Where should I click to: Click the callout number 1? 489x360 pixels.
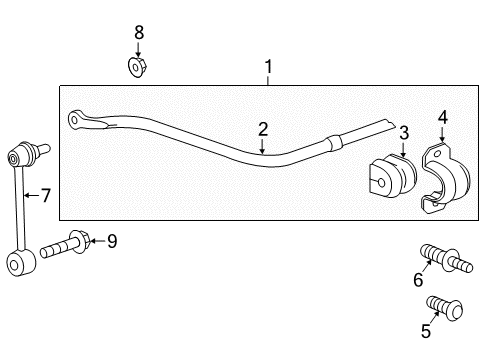coord(268,68)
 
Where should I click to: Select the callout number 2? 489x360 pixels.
coord(263,128)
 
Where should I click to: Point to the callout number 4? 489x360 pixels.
coord(443,118)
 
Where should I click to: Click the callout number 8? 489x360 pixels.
coord(139,32)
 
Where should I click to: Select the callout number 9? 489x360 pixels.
coord(112,240)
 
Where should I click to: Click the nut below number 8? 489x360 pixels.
coord(139,67)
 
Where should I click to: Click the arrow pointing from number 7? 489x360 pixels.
coord(30,195)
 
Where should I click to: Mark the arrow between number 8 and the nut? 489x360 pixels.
coord(139,48)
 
